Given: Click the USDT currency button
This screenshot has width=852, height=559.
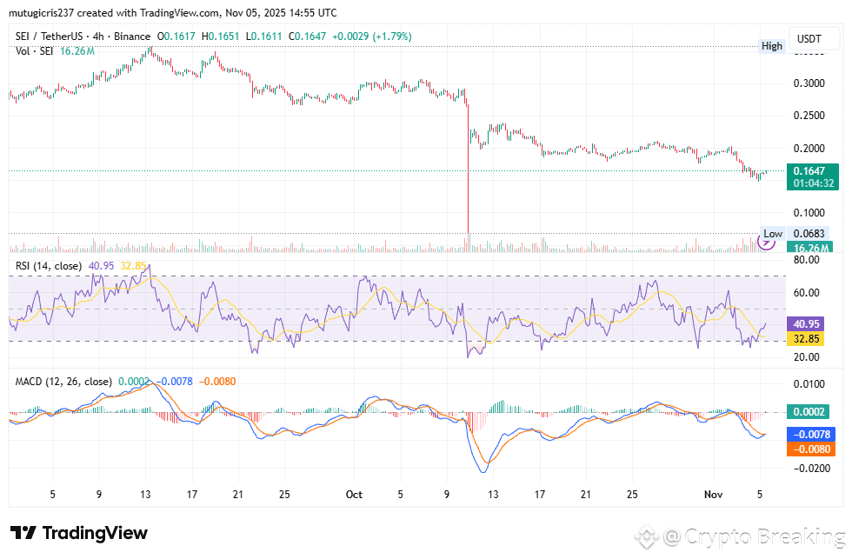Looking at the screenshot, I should (809, 39).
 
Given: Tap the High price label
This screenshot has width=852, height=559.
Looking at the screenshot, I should (772, 45).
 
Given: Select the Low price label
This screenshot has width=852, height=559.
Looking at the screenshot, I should (772, 234).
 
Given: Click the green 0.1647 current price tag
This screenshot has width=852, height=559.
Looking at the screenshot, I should (815, 171).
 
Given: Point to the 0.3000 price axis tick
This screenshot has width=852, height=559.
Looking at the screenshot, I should (810, 83).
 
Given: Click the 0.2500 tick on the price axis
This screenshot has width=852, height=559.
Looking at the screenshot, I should (810, 116).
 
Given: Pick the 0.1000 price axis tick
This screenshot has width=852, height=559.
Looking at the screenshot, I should (810, 212).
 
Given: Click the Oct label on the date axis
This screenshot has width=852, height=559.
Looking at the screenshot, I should (354, 494).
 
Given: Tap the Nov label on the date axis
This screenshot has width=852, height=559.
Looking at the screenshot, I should (713, 494).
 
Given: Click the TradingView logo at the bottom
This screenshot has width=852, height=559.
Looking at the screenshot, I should (79, 533).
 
